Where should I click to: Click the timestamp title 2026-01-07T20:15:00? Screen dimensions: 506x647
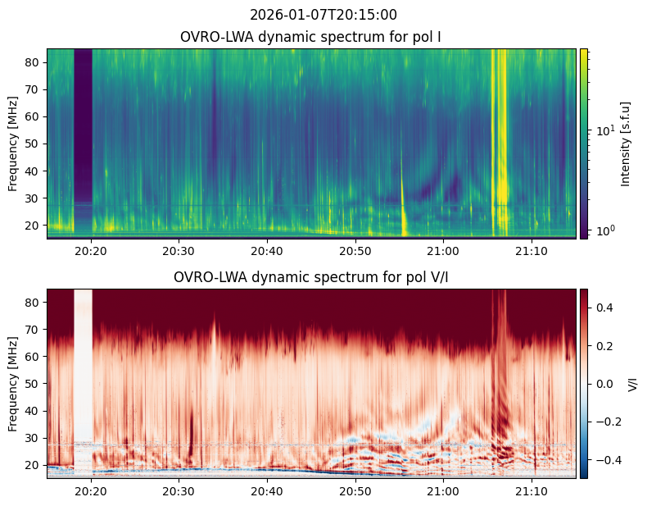click(323, 15)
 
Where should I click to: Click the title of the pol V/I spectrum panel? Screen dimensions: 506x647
click(310, 277)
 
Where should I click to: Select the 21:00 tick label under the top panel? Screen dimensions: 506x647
click(443, 250)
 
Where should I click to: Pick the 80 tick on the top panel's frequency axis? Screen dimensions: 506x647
click(34, 62)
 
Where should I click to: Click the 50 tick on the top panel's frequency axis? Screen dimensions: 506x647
click(34, 144)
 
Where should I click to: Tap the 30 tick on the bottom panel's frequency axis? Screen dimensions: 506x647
click(34, 438)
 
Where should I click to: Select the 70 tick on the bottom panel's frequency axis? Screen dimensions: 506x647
click(34, 330)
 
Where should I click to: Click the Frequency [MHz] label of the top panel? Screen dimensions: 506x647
click(13, 144)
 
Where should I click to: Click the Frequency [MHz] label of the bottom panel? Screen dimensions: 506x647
click(13, 384)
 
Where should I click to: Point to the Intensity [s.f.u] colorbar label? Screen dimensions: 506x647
click(626, 144)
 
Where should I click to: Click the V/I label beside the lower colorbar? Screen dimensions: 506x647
click(633, 384)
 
